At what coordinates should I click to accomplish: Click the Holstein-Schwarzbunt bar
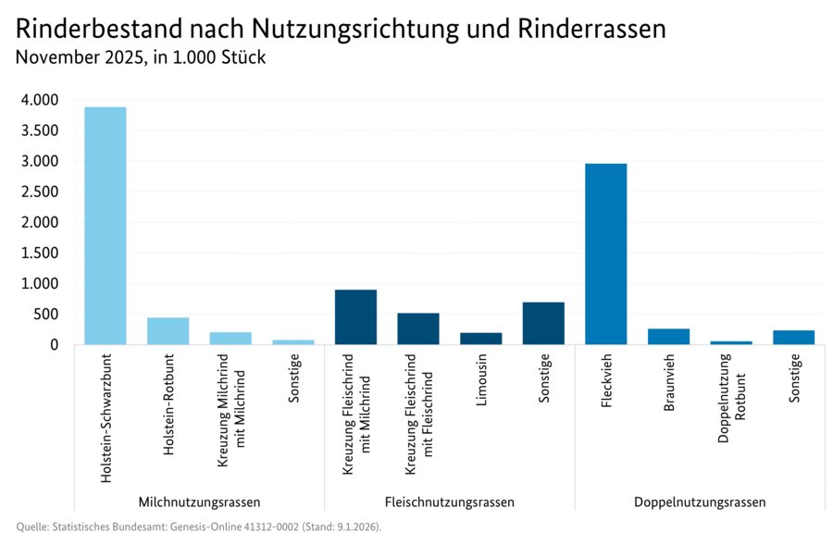tap(106, 226)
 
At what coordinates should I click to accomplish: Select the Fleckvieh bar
tap(605, 254)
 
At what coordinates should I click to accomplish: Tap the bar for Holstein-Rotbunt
tap(168, 331)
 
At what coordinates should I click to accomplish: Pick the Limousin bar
tap(480, 339)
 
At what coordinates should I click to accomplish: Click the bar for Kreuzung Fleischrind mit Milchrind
tap(355, 317)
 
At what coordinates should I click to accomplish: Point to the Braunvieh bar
tap(668, 337)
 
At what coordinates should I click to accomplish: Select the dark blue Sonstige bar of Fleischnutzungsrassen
tap(543, 324)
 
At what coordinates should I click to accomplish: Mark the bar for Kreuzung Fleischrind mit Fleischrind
tap(418, 328)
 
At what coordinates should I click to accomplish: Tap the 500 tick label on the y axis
tap(47, 315)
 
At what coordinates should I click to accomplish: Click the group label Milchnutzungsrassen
tap(199, 502)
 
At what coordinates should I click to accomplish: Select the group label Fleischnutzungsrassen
tap(449, 502)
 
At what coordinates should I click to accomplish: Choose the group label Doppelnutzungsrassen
tap(700, 502)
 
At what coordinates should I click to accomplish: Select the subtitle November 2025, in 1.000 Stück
tap(141, 58)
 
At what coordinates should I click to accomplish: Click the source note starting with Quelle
tap(198, 526)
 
